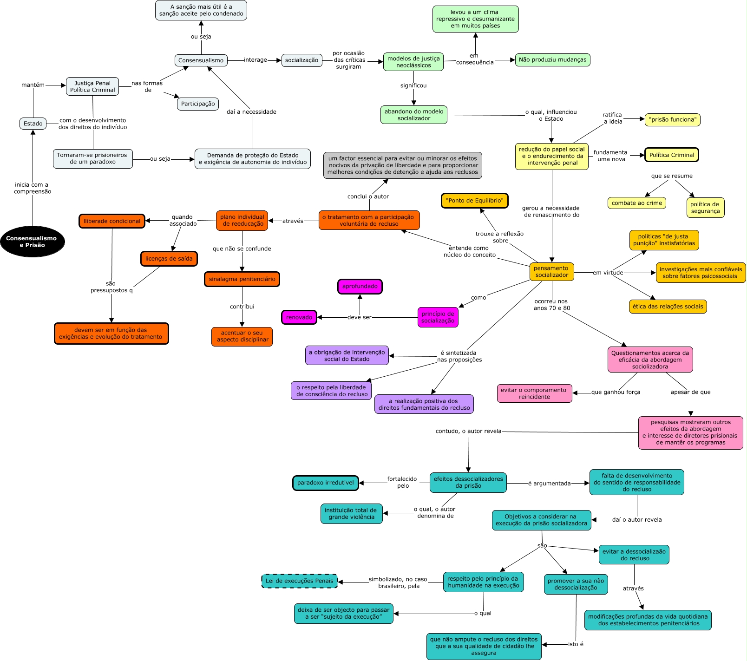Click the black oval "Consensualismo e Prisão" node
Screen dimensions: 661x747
(33, 242)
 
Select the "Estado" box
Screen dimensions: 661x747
(33, 124)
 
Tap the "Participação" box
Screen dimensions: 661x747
(198, 104)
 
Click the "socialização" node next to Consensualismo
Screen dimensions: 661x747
(301, 60)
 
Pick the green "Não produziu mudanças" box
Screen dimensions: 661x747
(552, 60)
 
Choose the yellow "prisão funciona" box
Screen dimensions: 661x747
(672, 120)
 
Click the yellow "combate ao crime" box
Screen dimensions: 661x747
(636, 203)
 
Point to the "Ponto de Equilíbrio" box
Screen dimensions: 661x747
(474, 201)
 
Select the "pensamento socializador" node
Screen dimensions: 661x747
(551, 272)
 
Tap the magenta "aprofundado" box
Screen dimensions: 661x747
(360, 287)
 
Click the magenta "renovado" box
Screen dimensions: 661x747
(299, 317)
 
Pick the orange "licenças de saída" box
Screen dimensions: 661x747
(169, 259)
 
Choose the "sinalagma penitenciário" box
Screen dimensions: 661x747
(242, 279)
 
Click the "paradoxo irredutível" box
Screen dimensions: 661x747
(326, 483)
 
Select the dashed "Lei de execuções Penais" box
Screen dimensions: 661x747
(300, 581)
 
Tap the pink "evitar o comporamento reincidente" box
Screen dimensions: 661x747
(534, 393)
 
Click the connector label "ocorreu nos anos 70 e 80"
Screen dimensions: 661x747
(551, 305)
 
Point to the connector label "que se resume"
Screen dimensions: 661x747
(672, 176)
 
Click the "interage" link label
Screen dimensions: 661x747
(256, 60)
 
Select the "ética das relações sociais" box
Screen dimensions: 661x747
(668, 307)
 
